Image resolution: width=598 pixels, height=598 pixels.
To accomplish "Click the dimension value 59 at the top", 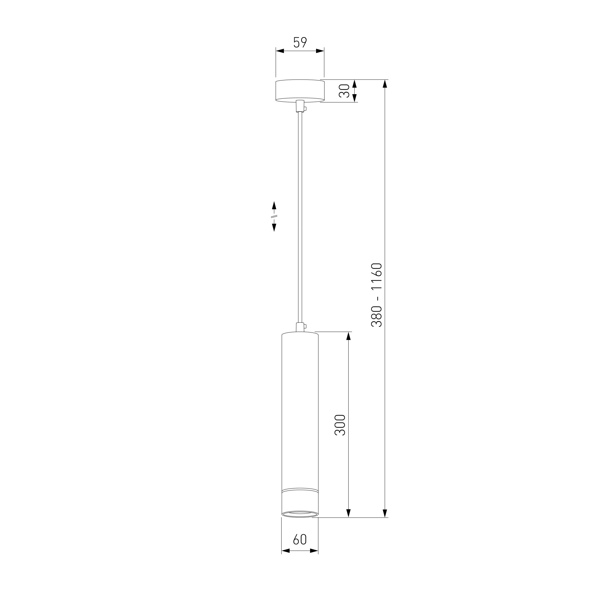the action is (x=300, y=42).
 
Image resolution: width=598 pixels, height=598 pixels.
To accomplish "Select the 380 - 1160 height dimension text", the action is (x=377, y=295).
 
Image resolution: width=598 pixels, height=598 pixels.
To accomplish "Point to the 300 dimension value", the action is (x=340, y=425).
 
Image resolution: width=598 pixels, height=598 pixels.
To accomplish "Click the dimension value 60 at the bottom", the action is (x=300, y=539).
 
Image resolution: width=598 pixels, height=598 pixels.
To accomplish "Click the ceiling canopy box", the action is (x=300, y=91).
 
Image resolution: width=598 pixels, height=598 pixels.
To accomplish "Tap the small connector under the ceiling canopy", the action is (x=300, y=106).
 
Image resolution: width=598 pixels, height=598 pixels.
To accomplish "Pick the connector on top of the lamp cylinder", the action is (x=300, y=327).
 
